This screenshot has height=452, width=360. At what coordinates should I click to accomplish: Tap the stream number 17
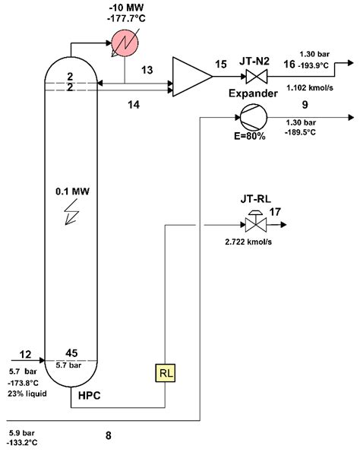(x=274, y=213)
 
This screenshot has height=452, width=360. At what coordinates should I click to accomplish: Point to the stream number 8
(x=109, y=435)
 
